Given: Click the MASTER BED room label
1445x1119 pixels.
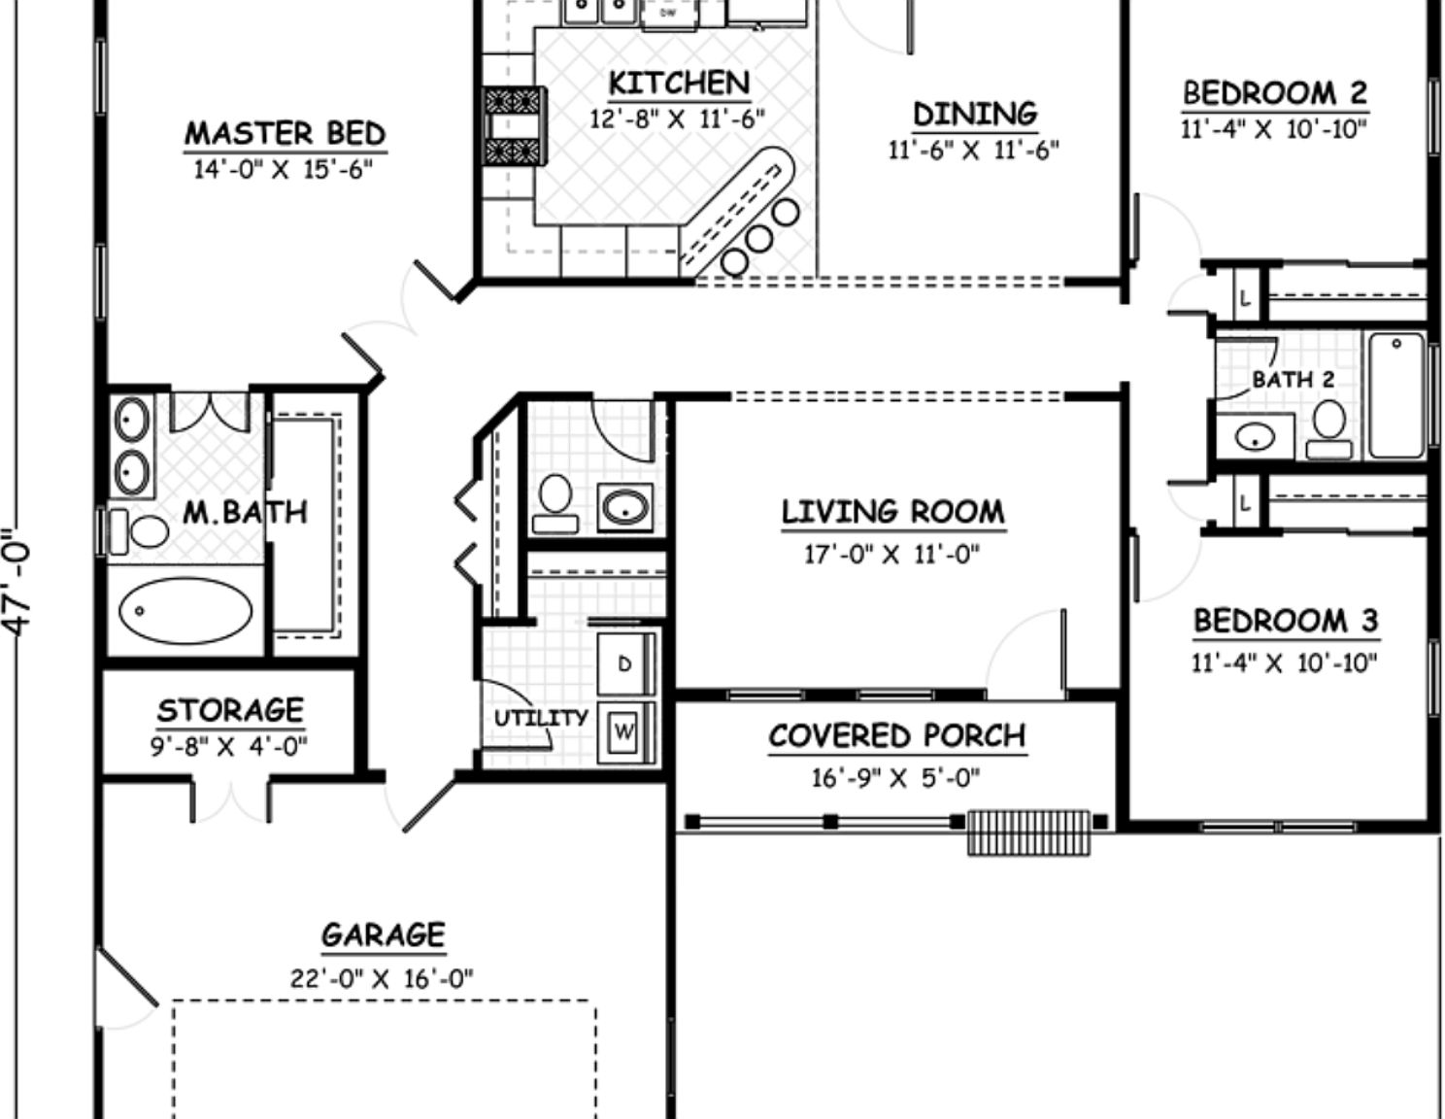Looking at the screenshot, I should [285, 133].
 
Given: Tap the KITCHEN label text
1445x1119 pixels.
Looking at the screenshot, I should [679, 84].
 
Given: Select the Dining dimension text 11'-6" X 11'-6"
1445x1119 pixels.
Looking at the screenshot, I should [973, 150].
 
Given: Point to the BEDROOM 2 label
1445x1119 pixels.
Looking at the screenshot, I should [1274, 93].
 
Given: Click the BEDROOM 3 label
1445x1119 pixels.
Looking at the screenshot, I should [1285, 621].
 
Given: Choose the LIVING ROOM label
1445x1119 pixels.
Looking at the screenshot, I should [892, 512].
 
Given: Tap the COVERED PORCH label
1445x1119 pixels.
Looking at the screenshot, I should [896, 736].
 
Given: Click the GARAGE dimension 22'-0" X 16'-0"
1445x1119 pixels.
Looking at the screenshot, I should [382, 977].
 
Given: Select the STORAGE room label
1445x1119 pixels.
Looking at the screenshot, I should [230, 710].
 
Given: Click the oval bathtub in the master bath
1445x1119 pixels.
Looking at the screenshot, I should [185, 610].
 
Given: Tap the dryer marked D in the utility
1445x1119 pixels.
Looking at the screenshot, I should [623, 663].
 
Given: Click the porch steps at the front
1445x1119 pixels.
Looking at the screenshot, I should [1028, 831].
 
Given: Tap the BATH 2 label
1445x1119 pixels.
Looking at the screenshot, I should [1293, 380].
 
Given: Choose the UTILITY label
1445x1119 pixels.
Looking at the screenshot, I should [541, 719].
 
